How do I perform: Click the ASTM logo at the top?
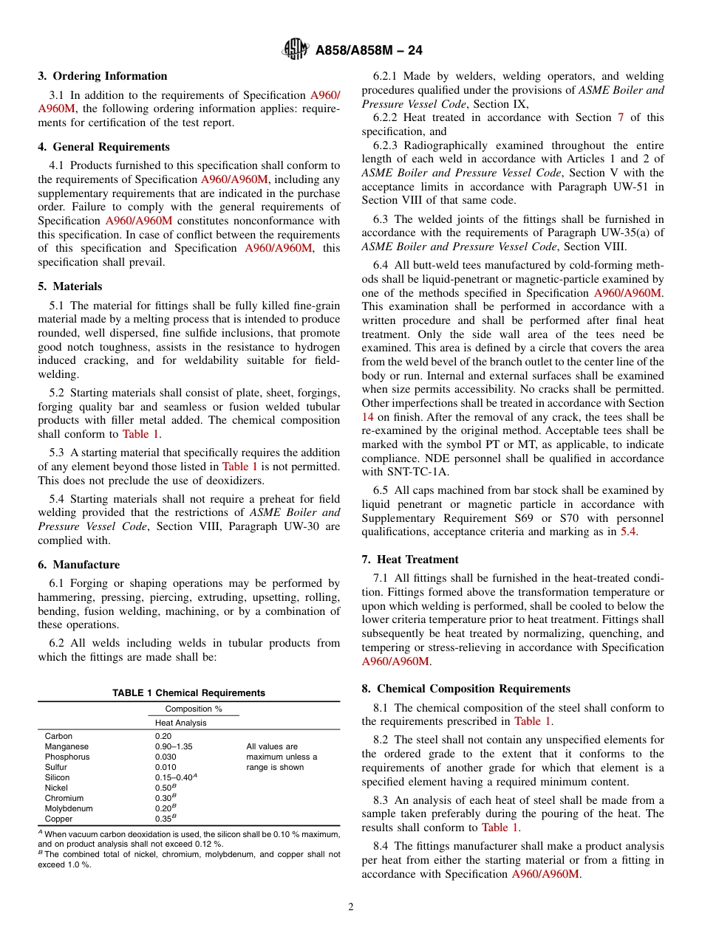(296, 49)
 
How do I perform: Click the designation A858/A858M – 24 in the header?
(369, 50)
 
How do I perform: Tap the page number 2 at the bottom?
(351, 907)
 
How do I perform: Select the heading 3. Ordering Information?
(103, 76)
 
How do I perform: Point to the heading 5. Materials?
(70, 286)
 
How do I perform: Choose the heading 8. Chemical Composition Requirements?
(466, 689)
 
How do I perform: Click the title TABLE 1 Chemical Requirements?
(188, 693)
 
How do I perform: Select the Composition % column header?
(194, 709)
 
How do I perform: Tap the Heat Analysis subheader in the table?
(180, 723)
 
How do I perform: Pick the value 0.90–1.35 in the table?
(174, 746)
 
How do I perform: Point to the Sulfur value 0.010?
(166, 767)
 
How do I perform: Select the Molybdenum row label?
(69, 808)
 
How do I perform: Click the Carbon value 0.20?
(163, 736)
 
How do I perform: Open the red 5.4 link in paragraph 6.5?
(627, 532)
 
